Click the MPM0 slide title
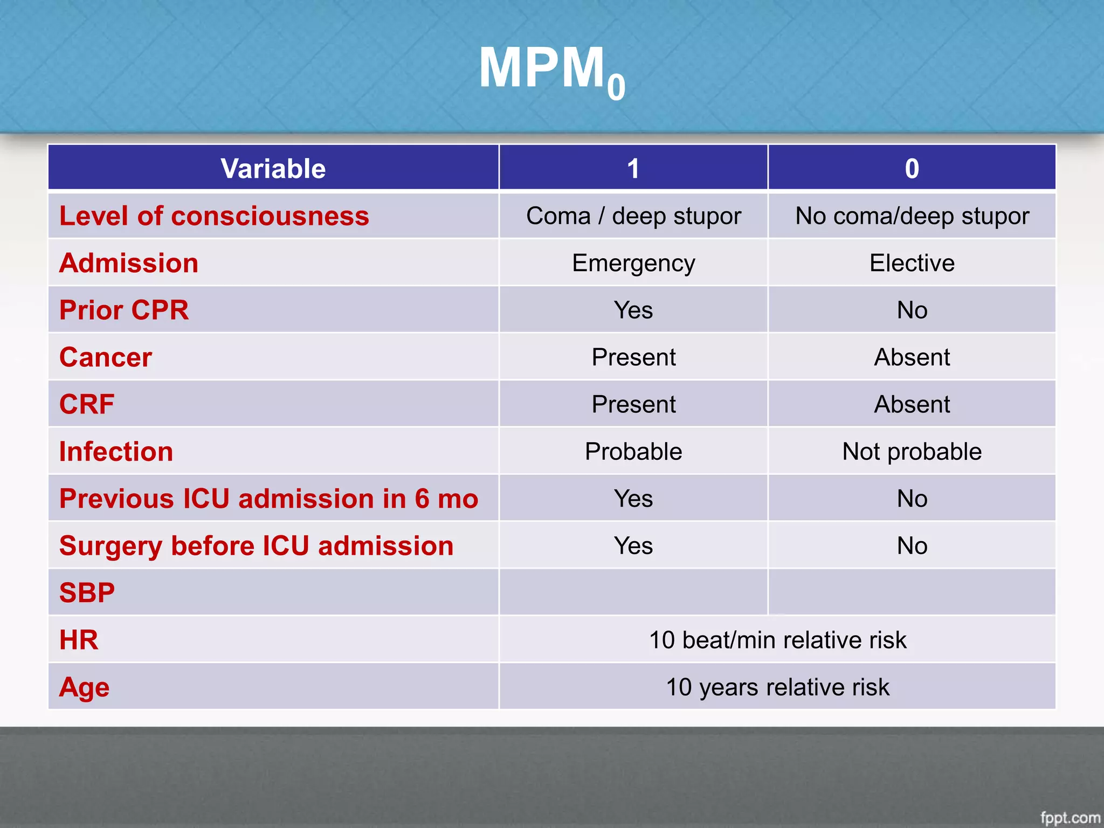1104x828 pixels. click(x=551, y=70)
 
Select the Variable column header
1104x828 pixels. click(x=273, y=169)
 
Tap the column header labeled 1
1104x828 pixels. click(x=633, y=169)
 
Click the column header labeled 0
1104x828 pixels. click(x=912, y=169)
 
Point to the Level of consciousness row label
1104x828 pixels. click(x=214, y=216)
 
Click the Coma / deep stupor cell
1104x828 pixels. click(x=633, y=216)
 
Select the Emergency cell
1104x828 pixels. click(x=633, y=263)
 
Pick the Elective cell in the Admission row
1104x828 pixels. click(x=912, y=263)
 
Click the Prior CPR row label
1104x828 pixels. click(x=124, y=310)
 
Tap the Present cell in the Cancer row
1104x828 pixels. click(x=633, y=357)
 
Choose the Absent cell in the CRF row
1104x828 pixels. click(x=912, y=404)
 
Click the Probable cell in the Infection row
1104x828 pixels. click(x=633, y=452)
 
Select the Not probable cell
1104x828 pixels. click(x=912, y=452)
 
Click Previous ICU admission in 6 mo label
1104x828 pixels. click(x=268, y=499)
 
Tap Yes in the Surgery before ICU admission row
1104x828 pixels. click(x=633, y=546)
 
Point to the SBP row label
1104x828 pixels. click(x=87, y=593)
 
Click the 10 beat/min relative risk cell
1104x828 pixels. click(x=777, y=640)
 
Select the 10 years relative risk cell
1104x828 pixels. click(x=777, y=687)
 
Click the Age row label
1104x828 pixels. click(x=84, y=687)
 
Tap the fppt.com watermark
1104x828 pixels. click(x=1069, y=817)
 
